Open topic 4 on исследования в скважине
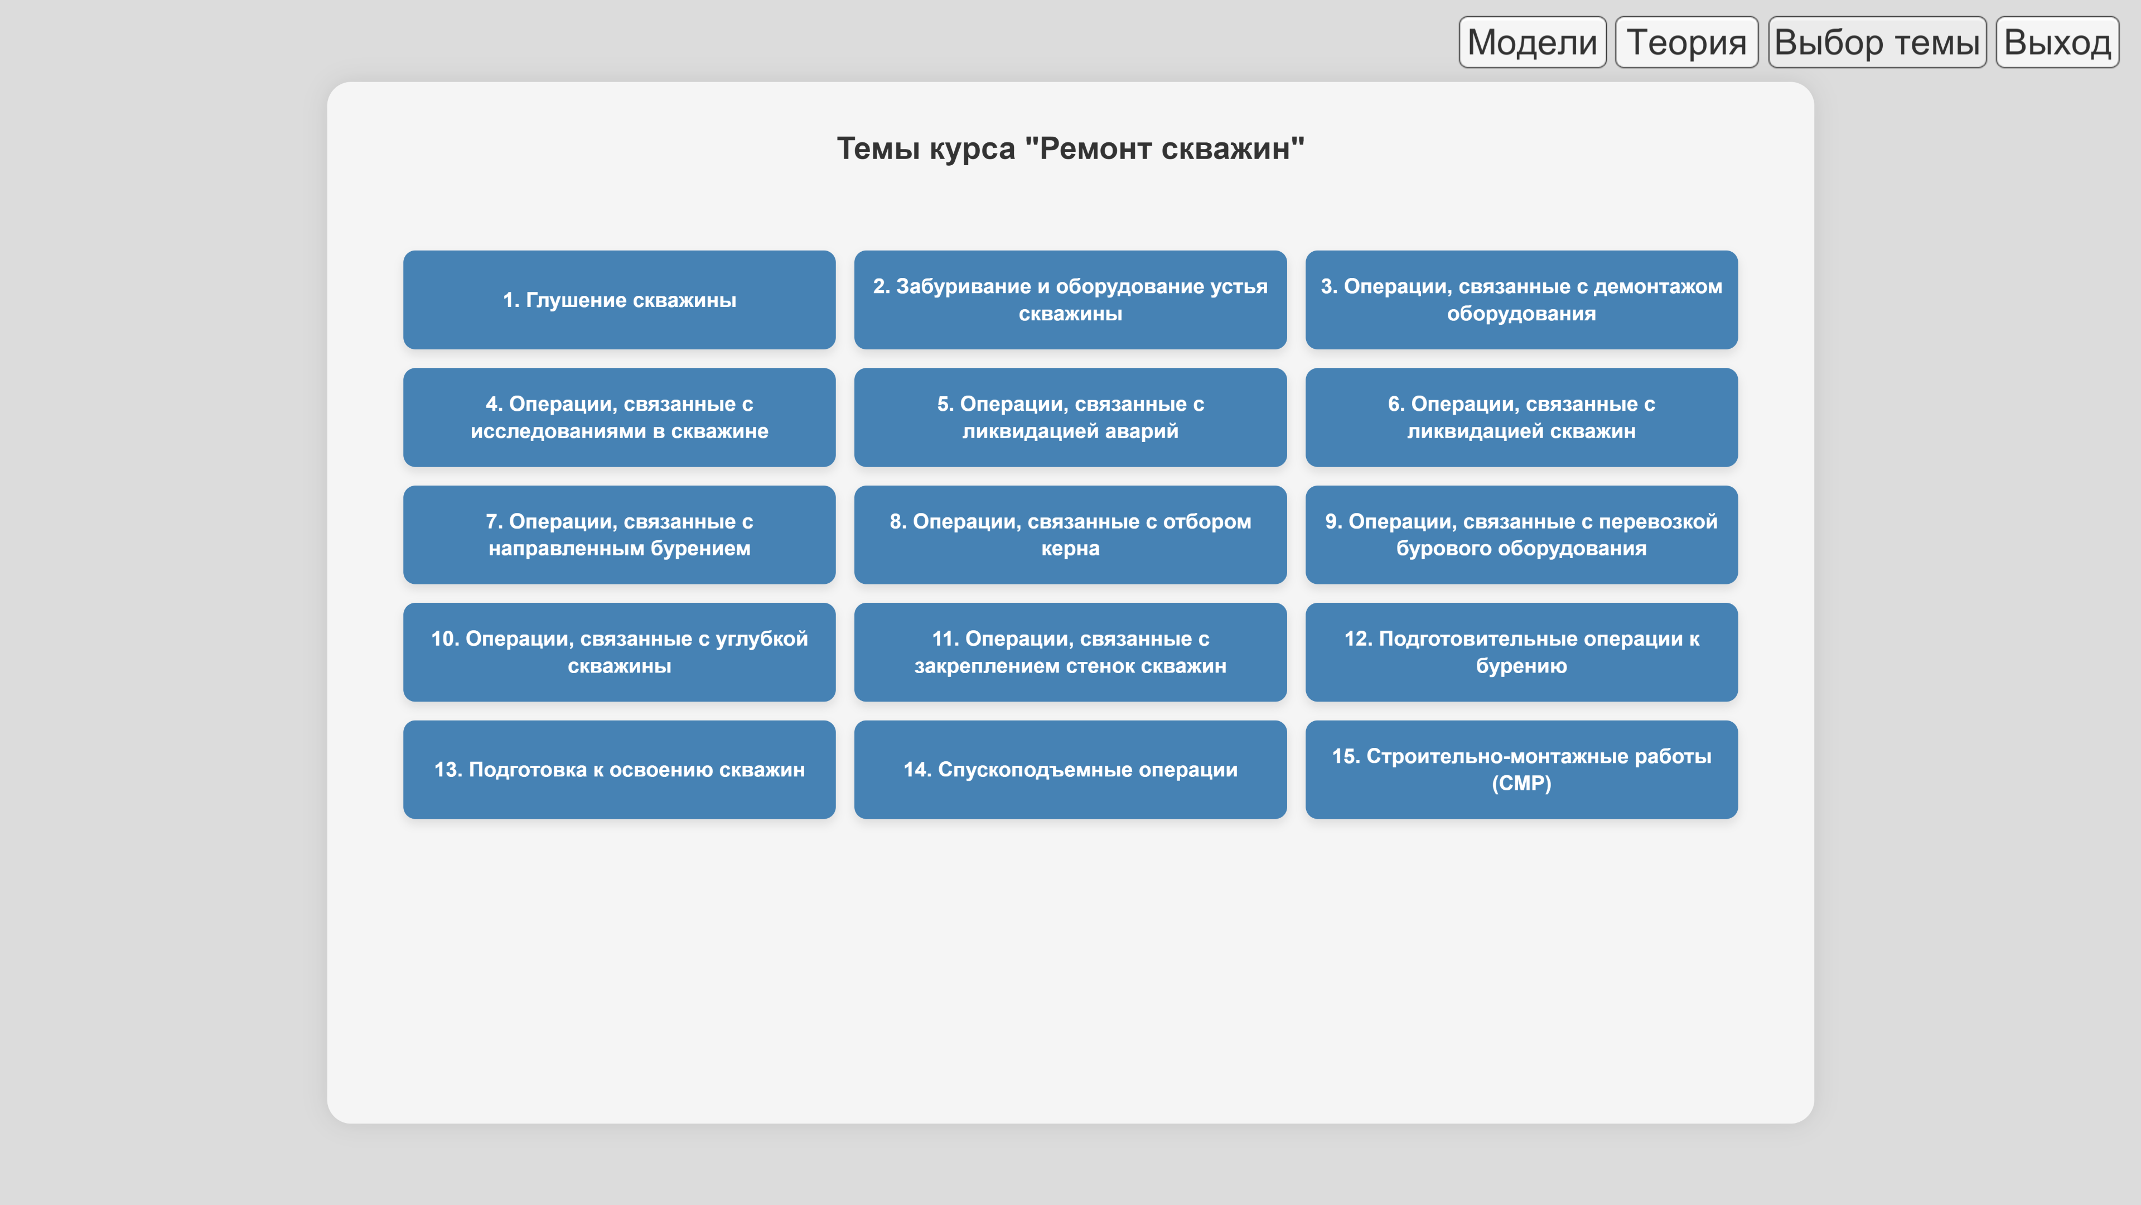(x=619, y=417)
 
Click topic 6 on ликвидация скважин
(x=1521, y=417)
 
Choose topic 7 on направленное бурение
(x=619, y=535)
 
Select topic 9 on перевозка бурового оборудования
(x=1521, y=535)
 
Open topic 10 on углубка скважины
(x=619, y=652)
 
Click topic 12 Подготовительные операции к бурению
(x=1521, y=652)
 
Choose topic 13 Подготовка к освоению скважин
(x=619, y=769)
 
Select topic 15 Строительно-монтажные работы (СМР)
(x=1521, y=769)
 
